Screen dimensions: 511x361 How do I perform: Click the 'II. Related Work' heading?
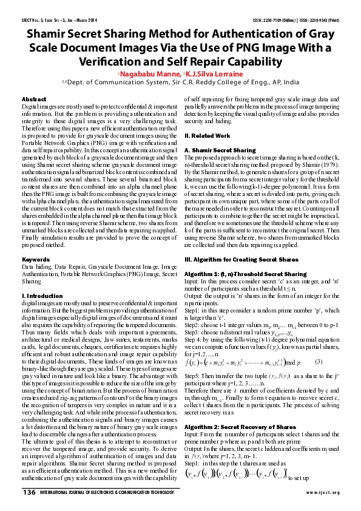207,136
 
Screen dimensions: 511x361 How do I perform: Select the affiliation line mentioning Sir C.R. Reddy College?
180,83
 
